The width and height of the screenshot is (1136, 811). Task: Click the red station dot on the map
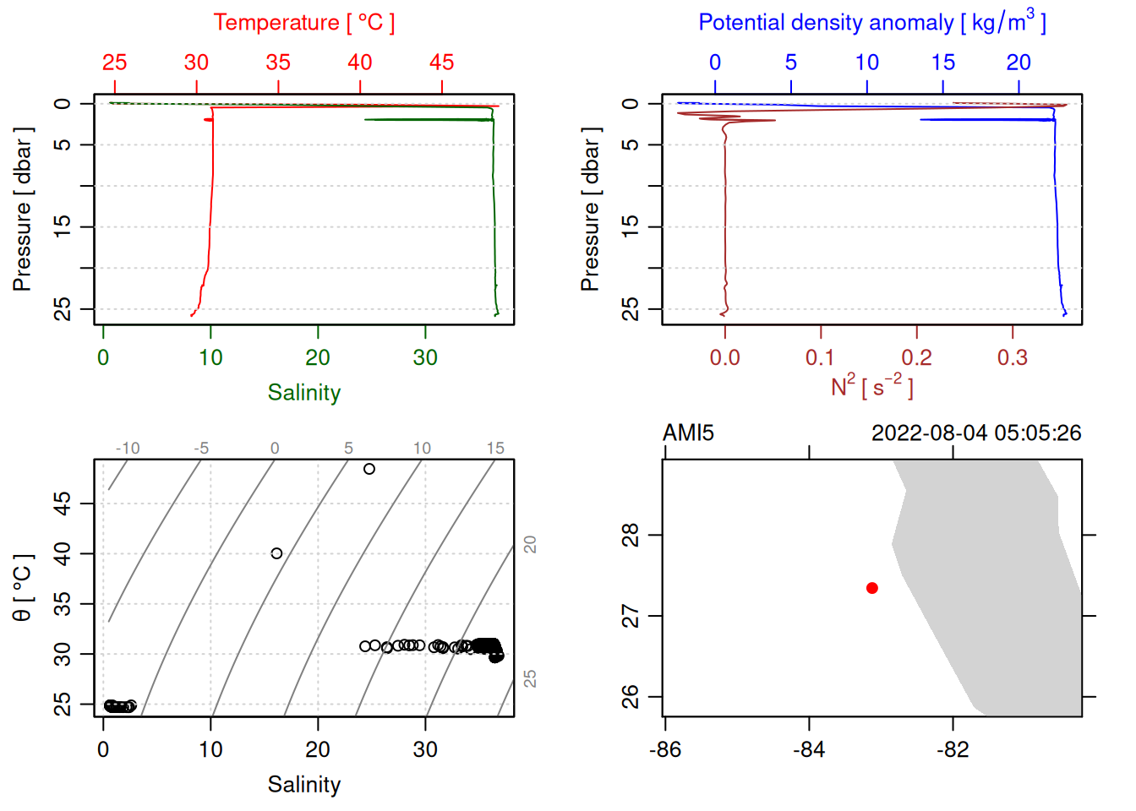point(871,588)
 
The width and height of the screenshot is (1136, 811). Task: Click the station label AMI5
point(688,433)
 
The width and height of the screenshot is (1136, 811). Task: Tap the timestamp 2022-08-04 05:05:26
point(976,433)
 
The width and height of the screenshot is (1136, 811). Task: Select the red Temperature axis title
point(303,23)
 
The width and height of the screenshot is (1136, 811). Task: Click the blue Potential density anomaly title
point(871,22)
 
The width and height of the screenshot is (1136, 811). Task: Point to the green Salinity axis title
point(303,393)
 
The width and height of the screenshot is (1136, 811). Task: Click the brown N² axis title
point(871,386)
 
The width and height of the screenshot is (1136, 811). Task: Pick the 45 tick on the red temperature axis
point(441,63)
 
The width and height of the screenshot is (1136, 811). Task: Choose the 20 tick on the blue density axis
point(1019,63)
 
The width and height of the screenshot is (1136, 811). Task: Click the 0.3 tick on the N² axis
point(1012,358)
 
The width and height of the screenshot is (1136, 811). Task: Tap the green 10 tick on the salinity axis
point(210,358)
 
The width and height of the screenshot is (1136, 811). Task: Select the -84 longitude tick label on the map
point(809,749)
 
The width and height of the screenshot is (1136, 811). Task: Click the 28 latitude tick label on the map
point(631,536)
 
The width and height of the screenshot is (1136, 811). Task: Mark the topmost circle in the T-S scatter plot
point(369,469)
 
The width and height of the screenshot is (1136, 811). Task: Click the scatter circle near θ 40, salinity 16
point(276,553)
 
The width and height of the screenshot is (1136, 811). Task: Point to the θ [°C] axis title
point(22,588)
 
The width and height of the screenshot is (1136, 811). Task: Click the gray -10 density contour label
point(128,449)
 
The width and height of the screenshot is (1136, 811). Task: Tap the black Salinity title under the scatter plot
point(303,785)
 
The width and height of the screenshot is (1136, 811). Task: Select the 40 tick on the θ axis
point(63,554)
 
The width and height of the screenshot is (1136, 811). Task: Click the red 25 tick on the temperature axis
point(115,63)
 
